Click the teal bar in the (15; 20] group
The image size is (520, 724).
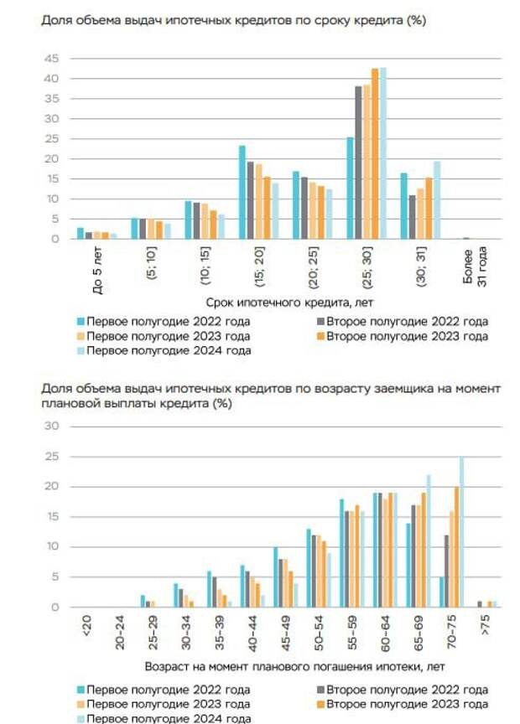242,193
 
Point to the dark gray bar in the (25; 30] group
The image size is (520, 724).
358,163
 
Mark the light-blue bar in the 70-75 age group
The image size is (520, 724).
461,532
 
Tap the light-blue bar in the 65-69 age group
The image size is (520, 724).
429,540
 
